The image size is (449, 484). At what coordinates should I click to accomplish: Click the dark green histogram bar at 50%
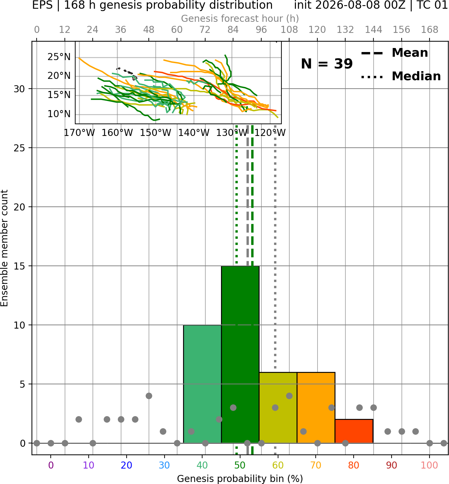pos(240,354)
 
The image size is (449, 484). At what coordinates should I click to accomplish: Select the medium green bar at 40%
pos(203,384)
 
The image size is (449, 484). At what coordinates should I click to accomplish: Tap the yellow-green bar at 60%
pos(278,407)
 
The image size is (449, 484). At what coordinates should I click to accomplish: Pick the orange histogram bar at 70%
pos(316,407)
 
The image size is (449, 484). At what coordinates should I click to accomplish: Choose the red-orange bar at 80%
pos(354,431)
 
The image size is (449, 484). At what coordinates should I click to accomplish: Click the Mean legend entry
pos(394,53)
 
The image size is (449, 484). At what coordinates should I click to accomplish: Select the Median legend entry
pos(401,76)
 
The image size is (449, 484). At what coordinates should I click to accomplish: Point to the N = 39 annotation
pos(327,64)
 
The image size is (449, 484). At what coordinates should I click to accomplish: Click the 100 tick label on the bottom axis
pos(429,465)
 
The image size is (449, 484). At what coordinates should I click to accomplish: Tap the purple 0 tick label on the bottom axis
pos(51,465)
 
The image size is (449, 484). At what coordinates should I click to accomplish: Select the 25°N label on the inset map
pos(59,57)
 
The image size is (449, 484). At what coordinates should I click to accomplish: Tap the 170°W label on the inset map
pos(79,133)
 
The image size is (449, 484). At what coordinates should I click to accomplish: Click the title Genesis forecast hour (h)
pos(240,18)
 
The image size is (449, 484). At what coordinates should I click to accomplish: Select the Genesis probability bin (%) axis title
pos(240,479)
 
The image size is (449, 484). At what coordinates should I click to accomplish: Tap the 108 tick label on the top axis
pos(289,30)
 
